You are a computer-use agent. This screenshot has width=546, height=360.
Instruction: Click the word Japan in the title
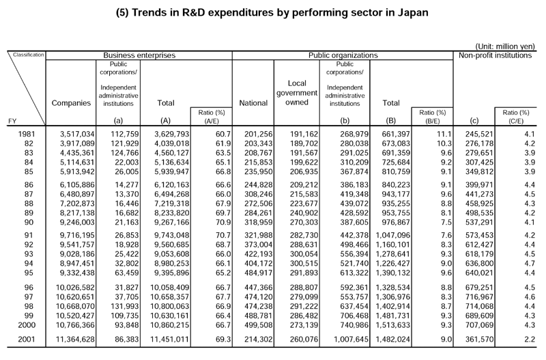pyautogui.click(x=414, y=13)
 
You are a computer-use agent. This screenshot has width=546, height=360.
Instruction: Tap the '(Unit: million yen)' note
pyautogui.click(x=505, y=46)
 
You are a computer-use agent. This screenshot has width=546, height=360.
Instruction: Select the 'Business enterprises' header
pyautogui.click(x=139, y=55)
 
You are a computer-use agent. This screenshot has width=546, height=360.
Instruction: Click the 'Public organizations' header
pyautogui.click(x=343, y=55)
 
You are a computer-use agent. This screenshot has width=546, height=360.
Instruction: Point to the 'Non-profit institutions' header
pyautogui.click(x=495, y=55)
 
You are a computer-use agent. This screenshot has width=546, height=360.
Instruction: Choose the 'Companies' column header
pyautogui.click(x=71, y=102)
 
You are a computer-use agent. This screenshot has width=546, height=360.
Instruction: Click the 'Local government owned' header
pyautogui.click(x=297, y=93)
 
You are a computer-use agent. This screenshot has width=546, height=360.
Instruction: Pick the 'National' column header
pyautogui.click(x=253, y=102)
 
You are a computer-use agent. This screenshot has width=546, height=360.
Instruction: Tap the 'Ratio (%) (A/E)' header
pyautogui.click(x=212, y=117)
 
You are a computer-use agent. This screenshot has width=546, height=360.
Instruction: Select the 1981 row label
pyautogui.click(x=27, y=134)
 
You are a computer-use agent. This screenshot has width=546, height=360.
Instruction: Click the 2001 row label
pyautogui.click(x=27, y=339)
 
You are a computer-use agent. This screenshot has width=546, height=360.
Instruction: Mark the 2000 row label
pyautogui.click(x=27, y=325)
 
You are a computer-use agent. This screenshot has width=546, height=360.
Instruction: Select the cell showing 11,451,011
pyautogui.click(x=169, y=339)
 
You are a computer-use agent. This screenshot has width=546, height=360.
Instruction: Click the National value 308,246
pyautogui.click(x=259, y=194)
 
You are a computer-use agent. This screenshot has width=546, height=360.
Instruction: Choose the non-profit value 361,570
pyautogui.click(x=480, y=339)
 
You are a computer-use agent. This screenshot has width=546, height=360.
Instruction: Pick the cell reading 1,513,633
pyautogui.click(x=392, y=325)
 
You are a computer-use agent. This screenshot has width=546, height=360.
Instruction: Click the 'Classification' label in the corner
pyautogui.click(x=29, y=55)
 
